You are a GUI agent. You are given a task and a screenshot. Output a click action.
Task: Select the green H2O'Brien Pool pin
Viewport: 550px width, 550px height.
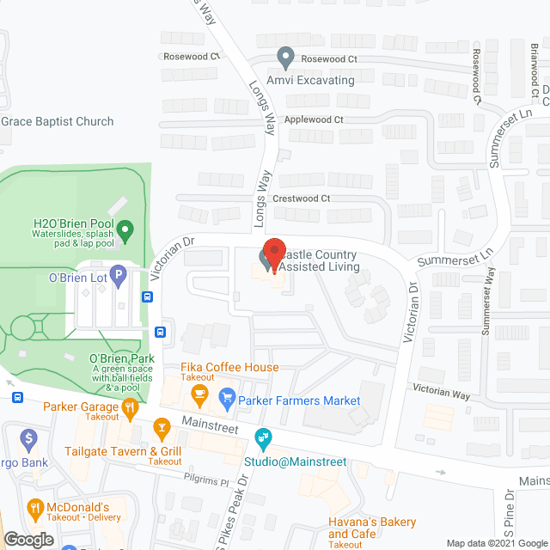pyautogui.click(x=125, y=229)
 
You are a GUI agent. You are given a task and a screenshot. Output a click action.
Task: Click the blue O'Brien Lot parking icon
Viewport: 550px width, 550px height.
pyautogui.click(x=119, y=277)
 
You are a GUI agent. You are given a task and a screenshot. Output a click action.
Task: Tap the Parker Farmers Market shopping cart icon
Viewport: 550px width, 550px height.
pyautogui.click(x=228, y=396)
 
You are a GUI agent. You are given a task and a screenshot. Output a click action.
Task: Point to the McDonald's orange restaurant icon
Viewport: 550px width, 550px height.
pyautogui.click(x=35, y=509)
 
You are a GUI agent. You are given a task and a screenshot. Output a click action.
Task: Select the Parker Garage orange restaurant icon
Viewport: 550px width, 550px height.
pyautogui.click(x=131, y=409)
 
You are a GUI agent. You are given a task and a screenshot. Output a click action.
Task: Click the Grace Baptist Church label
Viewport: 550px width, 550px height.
pyautogui.click(x=58, y=121)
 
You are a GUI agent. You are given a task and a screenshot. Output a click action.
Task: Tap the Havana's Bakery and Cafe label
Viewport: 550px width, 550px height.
pyautogui.click(x=372, y=528)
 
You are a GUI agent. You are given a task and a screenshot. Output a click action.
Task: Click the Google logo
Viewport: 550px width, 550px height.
pyautogui.click(x=28, y=539)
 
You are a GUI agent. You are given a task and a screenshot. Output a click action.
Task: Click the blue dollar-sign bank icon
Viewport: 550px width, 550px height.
pyautogui.click(x=29, y=441)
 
